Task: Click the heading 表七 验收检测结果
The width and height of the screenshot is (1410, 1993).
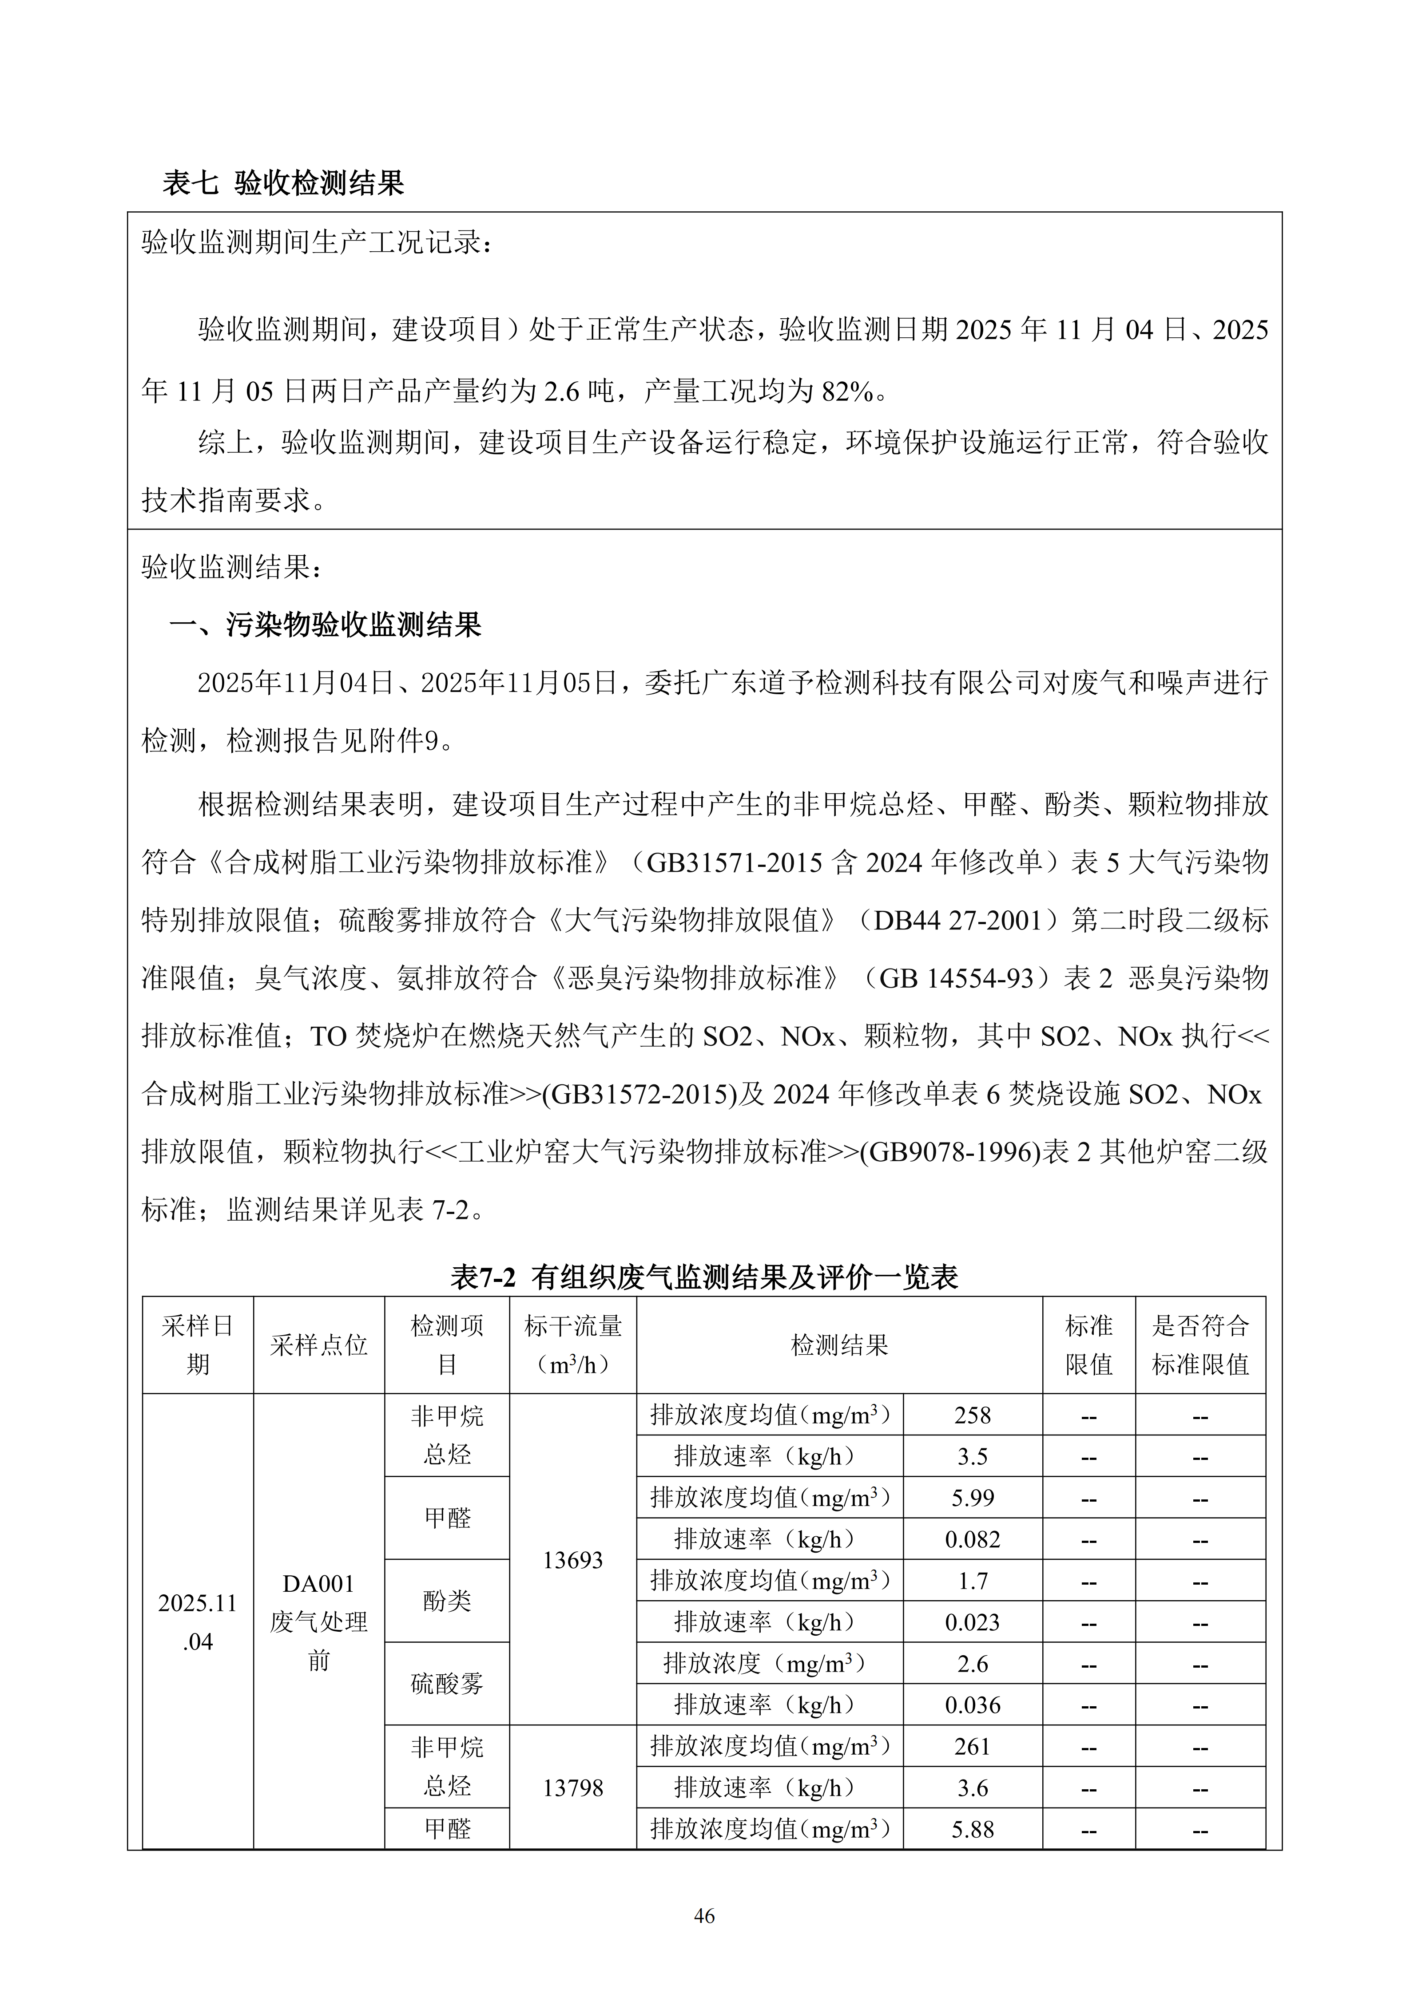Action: coord(283,183)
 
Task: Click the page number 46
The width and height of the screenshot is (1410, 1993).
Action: coord(704,1916)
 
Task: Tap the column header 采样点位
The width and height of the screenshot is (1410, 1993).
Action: coord(319,1345)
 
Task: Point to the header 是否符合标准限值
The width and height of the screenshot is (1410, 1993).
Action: coord(1200,1345)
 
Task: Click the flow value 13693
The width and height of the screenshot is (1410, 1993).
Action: coord(572,1560)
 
